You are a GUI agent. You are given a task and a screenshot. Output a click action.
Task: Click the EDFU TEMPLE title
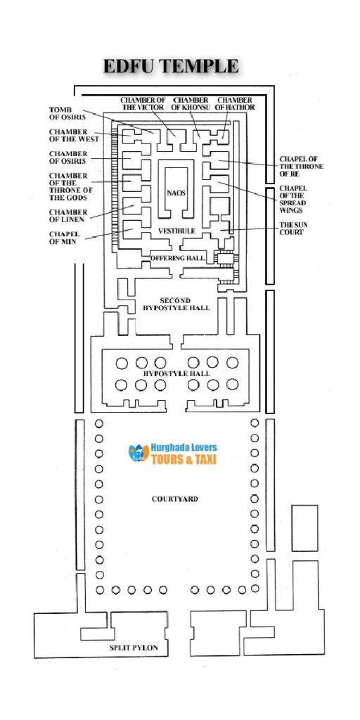click(171, 67)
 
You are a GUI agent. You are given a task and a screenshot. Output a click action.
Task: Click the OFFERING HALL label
click(176, 259)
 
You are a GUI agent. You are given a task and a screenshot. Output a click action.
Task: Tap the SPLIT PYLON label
click(134, 647)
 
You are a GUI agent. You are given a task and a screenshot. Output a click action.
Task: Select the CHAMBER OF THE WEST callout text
click(68, 136)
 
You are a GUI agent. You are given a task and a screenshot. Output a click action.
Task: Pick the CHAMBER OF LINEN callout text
click(68, 215)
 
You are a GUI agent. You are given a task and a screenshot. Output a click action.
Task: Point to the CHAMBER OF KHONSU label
click(190, 103)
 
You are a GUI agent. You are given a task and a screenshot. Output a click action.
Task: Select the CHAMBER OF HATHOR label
click(236, 103)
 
